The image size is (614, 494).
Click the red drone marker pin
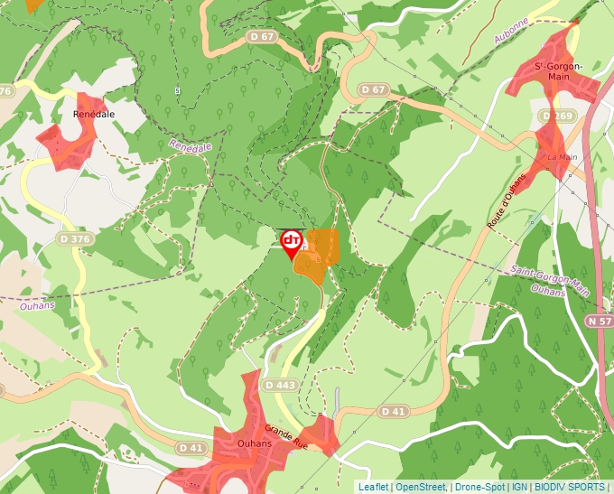click(291, 241)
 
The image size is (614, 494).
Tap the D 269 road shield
click(557, 117)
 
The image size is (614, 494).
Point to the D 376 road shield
click(75, 238)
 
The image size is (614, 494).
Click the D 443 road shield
click(281, 386)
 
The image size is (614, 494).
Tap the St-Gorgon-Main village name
click(559, 71)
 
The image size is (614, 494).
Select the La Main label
click(562, 157)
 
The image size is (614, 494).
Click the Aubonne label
click(511, 36)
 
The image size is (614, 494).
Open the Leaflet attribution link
click(373, 487)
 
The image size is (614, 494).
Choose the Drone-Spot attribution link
click(479, 487)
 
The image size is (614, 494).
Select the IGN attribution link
click(519, 487)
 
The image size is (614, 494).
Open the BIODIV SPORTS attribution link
click(569, 487)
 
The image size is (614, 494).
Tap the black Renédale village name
click(93, 115)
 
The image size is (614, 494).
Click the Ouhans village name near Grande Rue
click(241, 443)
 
